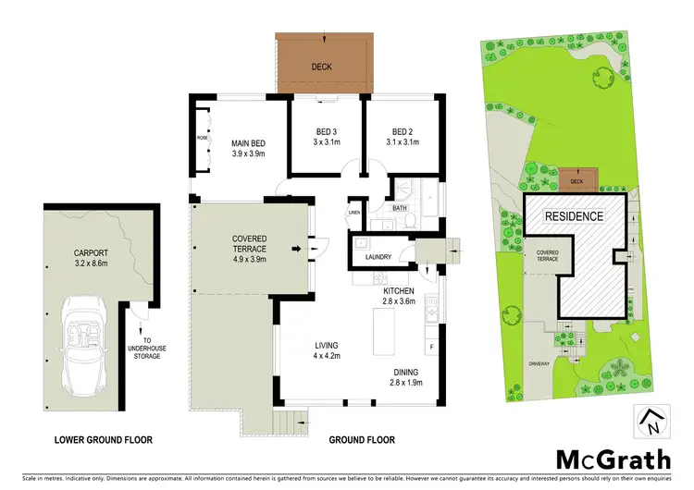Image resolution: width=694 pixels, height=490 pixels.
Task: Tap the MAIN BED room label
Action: pyautogui.click(x=248, y=148)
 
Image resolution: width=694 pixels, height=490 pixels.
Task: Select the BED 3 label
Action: pyautogui.click(x=325, y=137)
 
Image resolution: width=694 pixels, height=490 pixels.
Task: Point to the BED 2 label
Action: pyautogui.click(x=399, y=137)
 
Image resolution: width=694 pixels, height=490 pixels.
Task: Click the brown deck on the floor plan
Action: pyautogui.click(x=321, y=67)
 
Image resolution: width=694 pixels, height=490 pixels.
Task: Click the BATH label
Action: pyautogui.click(x=399, y=209)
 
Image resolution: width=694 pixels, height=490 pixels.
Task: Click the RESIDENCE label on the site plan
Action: pyautogui.click(x=573, y=216)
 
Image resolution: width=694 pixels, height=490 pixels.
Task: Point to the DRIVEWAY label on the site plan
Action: pyautogui.click(x=539, y=363)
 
